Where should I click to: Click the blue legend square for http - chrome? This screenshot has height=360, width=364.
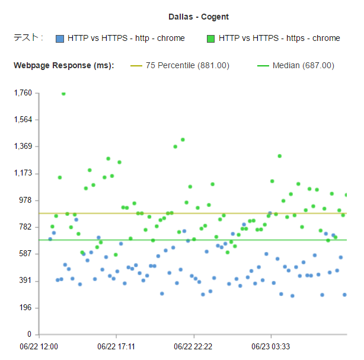tap(59, 39)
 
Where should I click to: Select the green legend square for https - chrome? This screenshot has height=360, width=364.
tap(210, 39)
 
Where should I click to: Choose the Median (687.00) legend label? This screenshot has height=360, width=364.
tap(303, 65)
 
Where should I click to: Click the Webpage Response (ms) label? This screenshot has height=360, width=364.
tap(63, 65)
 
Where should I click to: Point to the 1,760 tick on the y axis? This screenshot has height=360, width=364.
tap(23, 93)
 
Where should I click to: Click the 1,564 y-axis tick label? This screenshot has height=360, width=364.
tap(23, 119)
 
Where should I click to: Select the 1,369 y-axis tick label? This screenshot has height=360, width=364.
tap(23, 146)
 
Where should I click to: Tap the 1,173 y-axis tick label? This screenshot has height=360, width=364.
tap(23, 173)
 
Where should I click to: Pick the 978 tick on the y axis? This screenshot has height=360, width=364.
tap(25, 200)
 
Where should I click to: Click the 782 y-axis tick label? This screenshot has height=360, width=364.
tap(25, 227)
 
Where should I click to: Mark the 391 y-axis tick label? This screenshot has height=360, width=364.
tap(25, 281)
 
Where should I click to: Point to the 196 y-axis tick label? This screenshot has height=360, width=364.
tap(25, 308)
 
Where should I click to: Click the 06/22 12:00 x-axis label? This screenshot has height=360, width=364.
tap(39, 345)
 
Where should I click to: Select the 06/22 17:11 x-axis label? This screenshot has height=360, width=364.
tap(116, 345)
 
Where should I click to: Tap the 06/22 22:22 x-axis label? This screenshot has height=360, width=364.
tap(193, 345)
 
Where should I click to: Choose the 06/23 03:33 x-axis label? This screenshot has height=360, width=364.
tap(270, 345)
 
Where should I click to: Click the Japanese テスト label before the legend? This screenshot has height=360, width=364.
tap(28, 38)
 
